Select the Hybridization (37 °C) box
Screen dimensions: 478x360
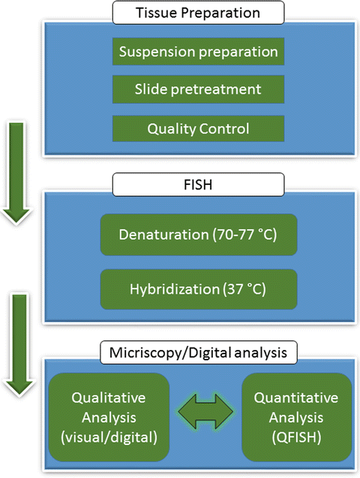tap(199, 288)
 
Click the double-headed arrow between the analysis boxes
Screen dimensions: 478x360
tap(199, 417)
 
